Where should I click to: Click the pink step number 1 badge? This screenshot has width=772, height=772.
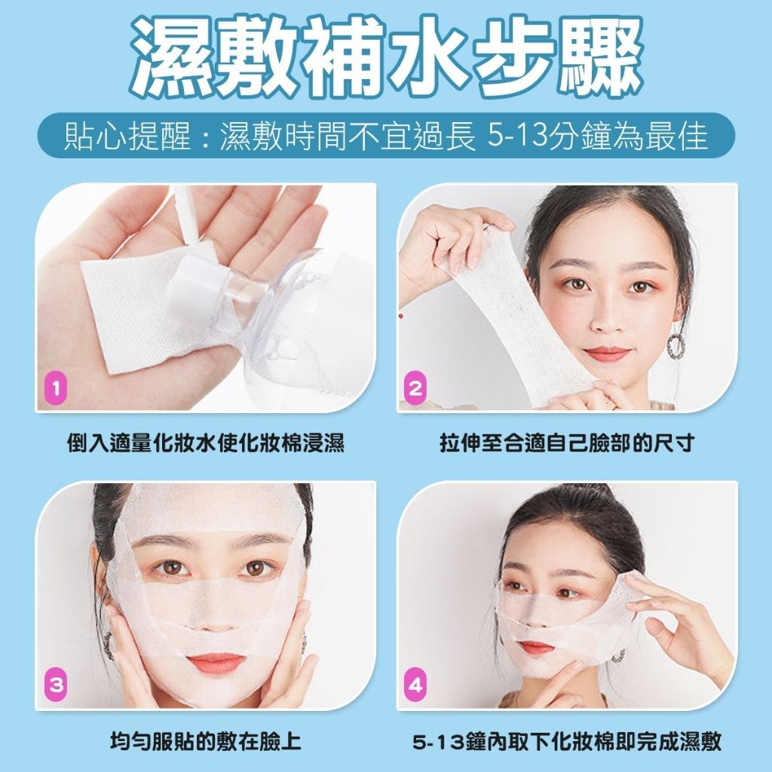[56, 388]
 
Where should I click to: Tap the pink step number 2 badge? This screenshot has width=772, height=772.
[415, 388]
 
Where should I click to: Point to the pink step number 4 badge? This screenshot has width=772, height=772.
[415, 685]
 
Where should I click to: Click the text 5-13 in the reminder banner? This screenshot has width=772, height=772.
[517, 135]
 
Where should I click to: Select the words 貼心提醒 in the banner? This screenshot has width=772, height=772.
[127, 136]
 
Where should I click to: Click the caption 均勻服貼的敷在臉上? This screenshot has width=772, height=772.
[206, 742]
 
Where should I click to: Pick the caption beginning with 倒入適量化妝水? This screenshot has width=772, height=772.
[206, 443]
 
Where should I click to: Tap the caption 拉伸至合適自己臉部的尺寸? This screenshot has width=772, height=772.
[567, 443]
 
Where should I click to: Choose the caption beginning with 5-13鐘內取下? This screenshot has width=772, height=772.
[567, 742]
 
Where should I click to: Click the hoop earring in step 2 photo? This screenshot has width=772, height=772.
[676, 345]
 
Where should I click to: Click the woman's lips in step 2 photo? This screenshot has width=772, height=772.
[607, 353]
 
